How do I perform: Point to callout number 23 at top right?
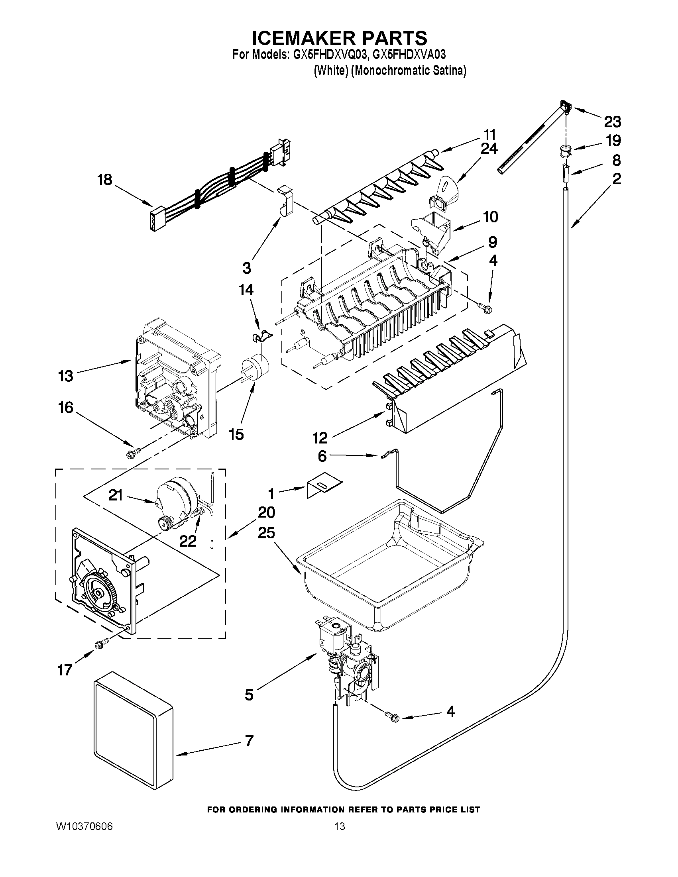[612, 121]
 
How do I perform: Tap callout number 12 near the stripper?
[320, 437]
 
